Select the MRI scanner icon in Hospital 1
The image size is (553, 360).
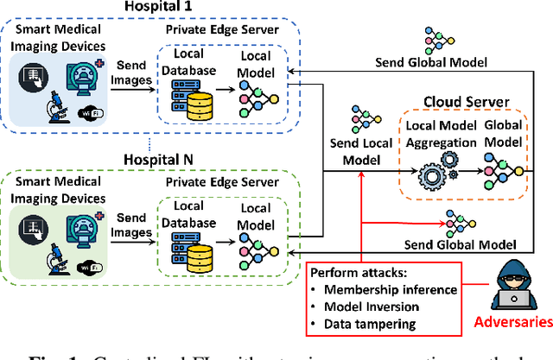(86, 78)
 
